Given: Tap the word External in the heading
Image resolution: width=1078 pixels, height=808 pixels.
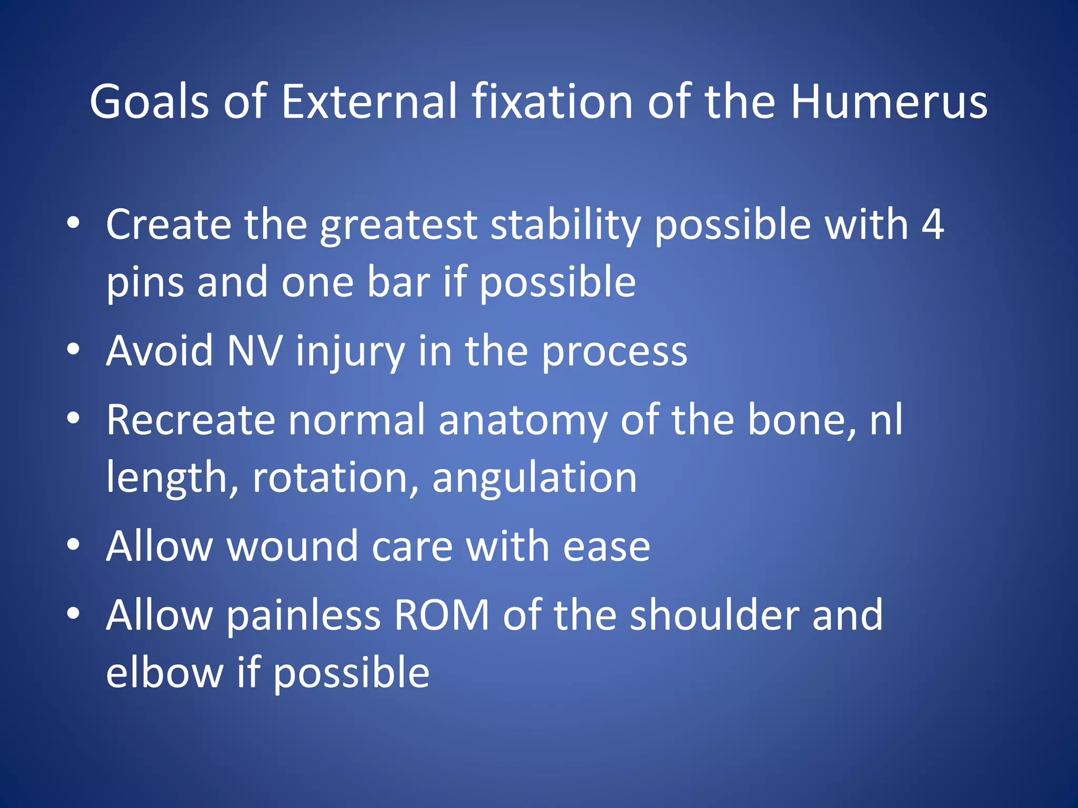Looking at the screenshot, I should (369, 102).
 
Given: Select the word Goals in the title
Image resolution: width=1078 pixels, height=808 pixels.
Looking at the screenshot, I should (149, 102).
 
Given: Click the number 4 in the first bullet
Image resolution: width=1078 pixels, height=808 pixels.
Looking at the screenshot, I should (932, 225).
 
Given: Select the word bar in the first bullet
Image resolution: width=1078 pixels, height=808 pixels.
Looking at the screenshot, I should (398, 282).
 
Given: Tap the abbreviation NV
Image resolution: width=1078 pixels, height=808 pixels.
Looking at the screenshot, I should (254, 351).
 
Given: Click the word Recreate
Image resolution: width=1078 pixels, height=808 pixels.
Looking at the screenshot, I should (191, 420).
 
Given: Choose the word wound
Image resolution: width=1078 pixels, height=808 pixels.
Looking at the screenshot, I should (293, 546).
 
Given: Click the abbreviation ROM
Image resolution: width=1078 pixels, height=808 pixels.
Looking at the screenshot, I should (442, 615).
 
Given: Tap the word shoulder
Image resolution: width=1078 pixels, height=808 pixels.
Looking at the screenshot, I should (714, 615).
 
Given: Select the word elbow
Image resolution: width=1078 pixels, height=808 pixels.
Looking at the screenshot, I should (164, 672).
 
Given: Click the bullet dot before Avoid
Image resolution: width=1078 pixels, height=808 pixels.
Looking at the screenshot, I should (74, 349).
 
